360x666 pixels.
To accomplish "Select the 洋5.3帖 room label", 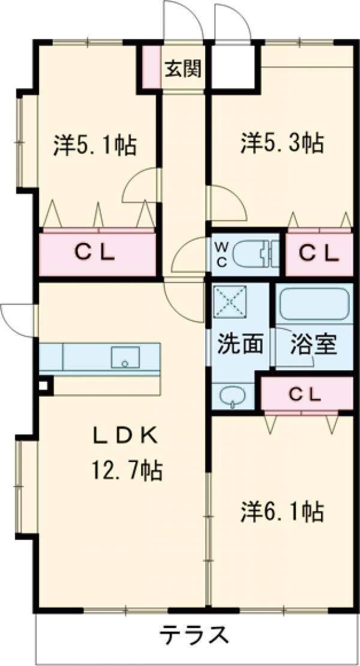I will [x=283, y=143].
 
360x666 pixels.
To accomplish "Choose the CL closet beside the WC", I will [x=319, y=254].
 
